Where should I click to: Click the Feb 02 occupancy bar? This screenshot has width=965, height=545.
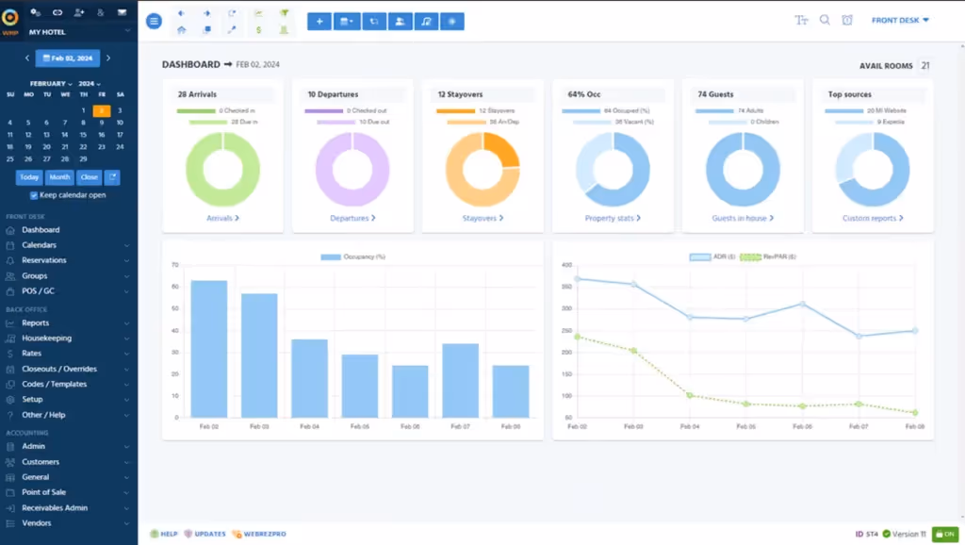click(209, 349)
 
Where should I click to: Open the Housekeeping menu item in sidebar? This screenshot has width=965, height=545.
click(46, 338)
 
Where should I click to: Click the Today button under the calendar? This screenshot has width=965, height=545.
click(29, 177)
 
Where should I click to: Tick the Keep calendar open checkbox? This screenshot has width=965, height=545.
click(34, 195)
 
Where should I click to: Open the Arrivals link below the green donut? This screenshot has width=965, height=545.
click(222, 218)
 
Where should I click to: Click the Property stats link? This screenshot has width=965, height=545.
click(612, 218)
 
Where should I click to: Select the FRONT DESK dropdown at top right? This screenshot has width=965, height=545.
click(900, 20)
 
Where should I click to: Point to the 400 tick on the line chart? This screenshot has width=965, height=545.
click(566, 265)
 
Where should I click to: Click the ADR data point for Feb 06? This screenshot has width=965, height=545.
click(802, 304)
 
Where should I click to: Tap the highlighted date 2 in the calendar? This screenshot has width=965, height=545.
click(102, 110)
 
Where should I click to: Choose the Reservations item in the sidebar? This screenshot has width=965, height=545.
click(44, 260)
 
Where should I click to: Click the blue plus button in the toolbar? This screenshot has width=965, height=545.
click(319, 21)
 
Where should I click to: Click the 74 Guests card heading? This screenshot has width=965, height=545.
click(715, 94)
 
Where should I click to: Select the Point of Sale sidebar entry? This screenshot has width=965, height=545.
click(43, 492)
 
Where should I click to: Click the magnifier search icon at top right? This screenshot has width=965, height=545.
click(825, 20)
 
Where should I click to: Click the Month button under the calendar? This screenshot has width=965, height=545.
click(59, 177)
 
